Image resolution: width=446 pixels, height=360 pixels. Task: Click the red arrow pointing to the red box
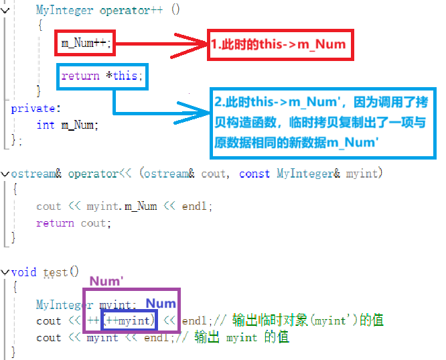[161, 44]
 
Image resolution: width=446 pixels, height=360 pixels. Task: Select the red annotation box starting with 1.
[279, 45]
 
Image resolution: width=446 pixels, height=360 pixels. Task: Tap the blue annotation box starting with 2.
[323, 123]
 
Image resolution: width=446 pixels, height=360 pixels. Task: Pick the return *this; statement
[102, 76]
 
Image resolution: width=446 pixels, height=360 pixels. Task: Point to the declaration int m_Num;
[67, 124]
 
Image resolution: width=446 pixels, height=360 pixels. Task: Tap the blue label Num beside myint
[161, 304]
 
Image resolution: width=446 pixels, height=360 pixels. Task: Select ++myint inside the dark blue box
[130, 320]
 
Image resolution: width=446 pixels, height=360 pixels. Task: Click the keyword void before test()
[24, 272]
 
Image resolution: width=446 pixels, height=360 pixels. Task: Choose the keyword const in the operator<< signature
[254, 174]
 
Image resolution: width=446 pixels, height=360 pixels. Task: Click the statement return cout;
[74, 223]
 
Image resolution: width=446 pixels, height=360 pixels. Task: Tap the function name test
[56, 272]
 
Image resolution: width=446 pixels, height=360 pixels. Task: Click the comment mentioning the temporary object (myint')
[308, 320]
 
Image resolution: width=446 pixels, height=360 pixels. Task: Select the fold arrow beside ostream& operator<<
[5, 173]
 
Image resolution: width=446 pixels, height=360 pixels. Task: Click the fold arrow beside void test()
[5, 272]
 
